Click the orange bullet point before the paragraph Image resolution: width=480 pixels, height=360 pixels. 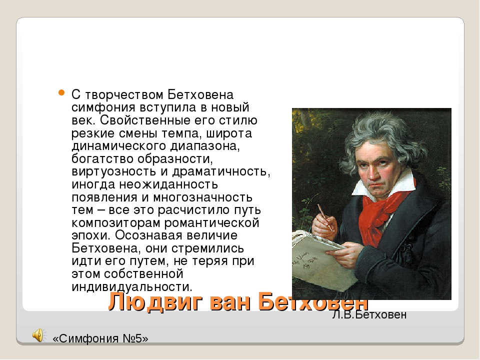point(61,92)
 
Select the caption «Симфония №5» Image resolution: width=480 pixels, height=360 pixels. point(100,338)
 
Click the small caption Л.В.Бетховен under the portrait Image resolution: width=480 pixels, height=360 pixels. point(369,314)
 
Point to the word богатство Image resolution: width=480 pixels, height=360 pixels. point(102,159)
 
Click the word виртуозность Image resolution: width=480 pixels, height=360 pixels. point(114,172)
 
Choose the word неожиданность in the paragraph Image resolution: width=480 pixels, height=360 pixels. point(168,184)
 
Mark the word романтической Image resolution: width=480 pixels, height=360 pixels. point(212,223)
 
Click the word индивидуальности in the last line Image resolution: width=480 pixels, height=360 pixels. point(132,287)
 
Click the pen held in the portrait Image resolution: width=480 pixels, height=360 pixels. point(325,217)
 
